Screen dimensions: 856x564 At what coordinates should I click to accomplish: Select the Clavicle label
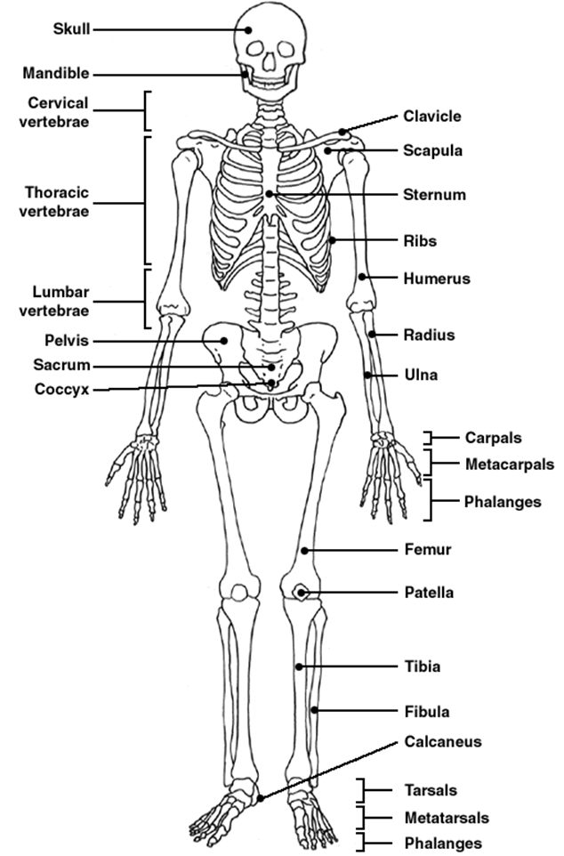pyautogui.click(x=431, y=117)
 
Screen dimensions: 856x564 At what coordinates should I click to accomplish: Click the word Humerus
pyautogui.click(x=435, y=279)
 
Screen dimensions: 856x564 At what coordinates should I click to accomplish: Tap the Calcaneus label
pyautogui.click(x=442, y=740)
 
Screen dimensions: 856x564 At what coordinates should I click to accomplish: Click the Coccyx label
pyautogui.click(x=61, y=389)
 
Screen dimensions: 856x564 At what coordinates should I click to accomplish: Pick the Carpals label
pyautogui.click(x=493, y=437)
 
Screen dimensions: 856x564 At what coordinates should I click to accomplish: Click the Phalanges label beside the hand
pyautogui.click(x=502, y=502)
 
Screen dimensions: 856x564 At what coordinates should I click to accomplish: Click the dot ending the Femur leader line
pyautogui.click(x=305, y=551)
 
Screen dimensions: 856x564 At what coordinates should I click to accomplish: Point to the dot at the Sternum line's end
pyautogui.click(x=270, y=194)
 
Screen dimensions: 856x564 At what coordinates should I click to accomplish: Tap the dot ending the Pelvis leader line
pyautogui.click(x=226, y=340)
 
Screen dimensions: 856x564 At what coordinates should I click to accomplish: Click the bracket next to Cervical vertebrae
pyautogui.click(x=147, y=110)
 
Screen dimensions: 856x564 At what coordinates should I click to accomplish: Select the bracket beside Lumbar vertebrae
pyautogui.click(x=147, y=299)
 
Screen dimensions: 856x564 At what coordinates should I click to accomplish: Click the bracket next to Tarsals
pyautogui.click(x=362, y=790)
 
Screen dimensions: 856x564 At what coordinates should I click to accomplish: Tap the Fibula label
pyautogui.click(x=426, y=711)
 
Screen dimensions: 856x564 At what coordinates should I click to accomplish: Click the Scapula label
pyautogui.click(x=432, y=150)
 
